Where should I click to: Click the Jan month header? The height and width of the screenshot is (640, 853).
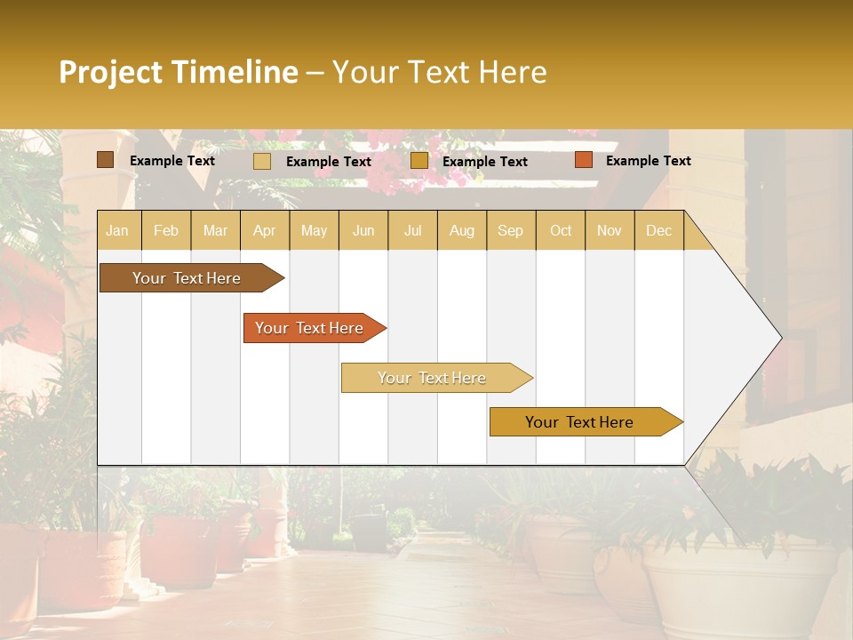[117, 230]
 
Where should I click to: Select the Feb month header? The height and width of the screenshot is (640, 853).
[166, 230]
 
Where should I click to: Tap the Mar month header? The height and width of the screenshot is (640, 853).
[215, 230]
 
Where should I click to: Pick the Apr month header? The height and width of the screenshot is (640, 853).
[265, 230]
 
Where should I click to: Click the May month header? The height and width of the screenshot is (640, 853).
[314, 230]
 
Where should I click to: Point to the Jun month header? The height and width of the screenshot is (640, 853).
[363, 230]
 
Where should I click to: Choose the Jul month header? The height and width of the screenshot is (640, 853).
[412, 230]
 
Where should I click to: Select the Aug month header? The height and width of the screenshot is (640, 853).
[462, 230]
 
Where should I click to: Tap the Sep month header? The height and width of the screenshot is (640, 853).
[511, 230]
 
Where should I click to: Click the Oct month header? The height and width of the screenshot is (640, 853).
[561, 230]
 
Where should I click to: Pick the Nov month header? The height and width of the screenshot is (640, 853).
[610, 230]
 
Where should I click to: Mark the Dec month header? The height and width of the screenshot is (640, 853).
[658, 230]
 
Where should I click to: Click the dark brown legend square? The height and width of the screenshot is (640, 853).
[105, 160]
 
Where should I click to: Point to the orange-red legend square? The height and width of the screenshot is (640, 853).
[583, 160]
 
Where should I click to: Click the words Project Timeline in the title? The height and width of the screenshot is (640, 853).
[179, 72]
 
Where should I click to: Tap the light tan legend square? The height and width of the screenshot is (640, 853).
[262, 161]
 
